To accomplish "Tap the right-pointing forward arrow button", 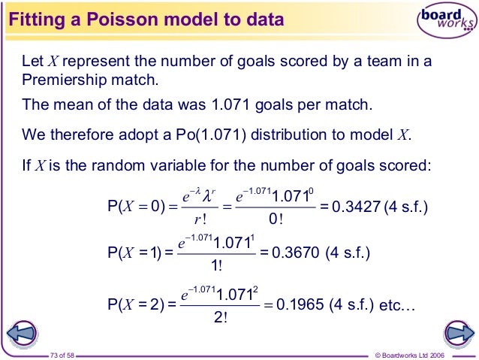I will [x=457, y=332].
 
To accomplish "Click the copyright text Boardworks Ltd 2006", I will [x=423, y=353].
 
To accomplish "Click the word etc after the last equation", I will [x=398, y=305].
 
